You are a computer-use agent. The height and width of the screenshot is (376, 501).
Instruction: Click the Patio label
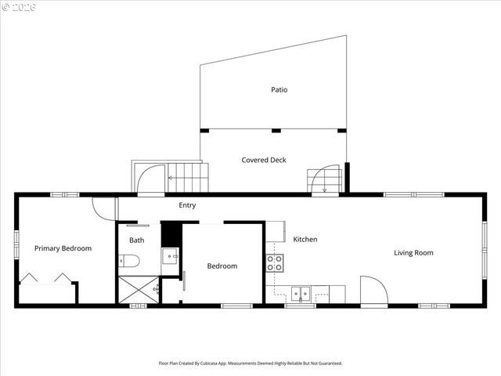pos(279,89)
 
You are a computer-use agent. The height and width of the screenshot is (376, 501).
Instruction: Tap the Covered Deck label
pos(264,160)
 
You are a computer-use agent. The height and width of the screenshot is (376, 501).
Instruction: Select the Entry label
pos(187,205)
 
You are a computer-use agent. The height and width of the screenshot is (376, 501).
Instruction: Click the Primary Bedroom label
pos(63,248)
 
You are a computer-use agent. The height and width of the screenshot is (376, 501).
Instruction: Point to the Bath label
pos(137,240)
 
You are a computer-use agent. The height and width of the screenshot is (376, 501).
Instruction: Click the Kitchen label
pos(305,239)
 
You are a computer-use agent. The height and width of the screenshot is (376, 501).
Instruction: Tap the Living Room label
pos(413,252)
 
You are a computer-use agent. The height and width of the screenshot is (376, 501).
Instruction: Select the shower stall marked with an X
pos(138,290)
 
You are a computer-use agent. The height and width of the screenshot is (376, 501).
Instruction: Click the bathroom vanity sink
pos(171,256)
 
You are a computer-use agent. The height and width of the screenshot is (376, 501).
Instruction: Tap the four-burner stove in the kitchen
pos(274,263)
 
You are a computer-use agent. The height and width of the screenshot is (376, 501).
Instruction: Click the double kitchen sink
pos(300,295)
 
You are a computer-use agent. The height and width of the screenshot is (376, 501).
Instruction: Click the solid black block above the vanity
pos(171,234)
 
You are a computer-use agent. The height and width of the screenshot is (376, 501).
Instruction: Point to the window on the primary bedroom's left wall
pos(16,242)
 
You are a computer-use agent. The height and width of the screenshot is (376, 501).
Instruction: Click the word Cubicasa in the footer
pos(220,363)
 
